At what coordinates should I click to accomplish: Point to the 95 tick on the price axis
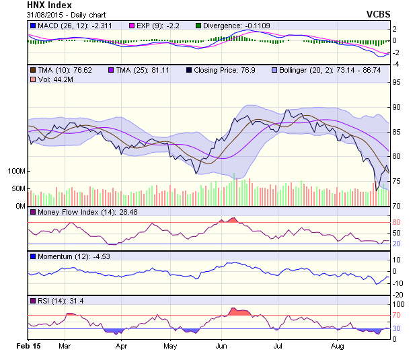coord(397,83)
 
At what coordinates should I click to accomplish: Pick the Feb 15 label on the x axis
coord(28,346)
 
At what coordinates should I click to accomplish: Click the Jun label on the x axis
coord(221,346)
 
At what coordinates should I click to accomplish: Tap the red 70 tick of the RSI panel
coord(397,315)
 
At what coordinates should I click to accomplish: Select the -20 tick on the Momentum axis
coord(398,294)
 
